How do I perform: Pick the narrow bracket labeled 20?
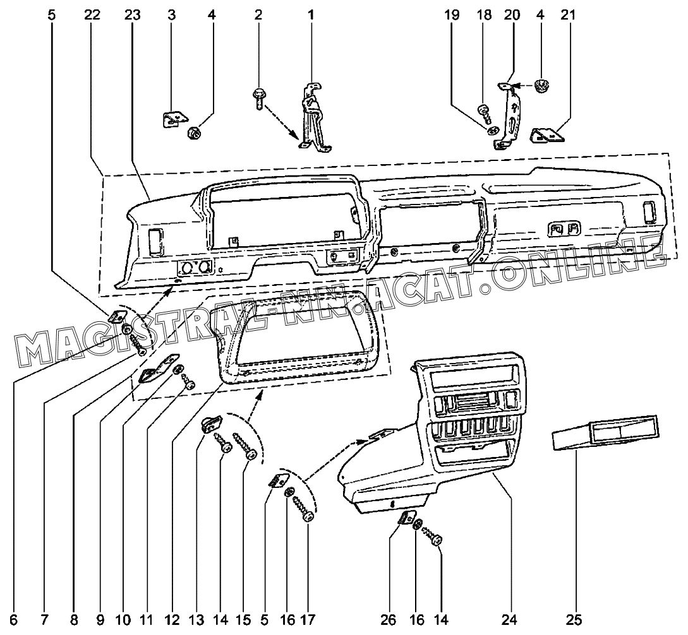[x=510, y=117]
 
